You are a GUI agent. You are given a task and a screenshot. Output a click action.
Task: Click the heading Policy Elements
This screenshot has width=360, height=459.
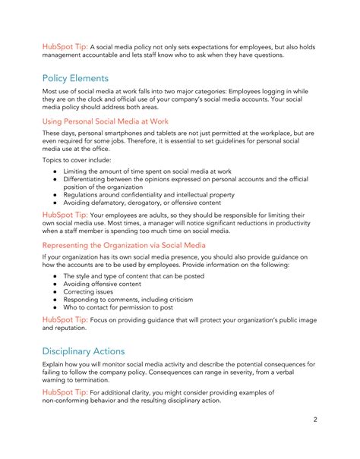tap(75, 78)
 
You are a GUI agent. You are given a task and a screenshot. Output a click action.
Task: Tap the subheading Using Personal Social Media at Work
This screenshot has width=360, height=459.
tap(105, 121)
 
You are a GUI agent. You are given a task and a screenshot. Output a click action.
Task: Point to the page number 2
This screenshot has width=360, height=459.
tap(314, 419)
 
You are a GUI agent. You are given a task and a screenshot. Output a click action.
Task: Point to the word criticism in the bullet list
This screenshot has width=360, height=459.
tap(191, 298)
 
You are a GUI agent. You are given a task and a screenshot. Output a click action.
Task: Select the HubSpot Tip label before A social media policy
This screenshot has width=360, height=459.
tap(65, 46)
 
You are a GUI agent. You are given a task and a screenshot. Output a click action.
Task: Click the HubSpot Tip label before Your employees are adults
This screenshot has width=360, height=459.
tap(65, 215)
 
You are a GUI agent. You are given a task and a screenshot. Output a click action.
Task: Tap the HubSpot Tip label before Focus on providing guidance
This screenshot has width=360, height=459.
tap(65, 319)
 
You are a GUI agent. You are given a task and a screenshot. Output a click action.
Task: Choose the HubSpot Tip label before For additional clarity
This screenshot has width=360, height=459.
tap(65, 392)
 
